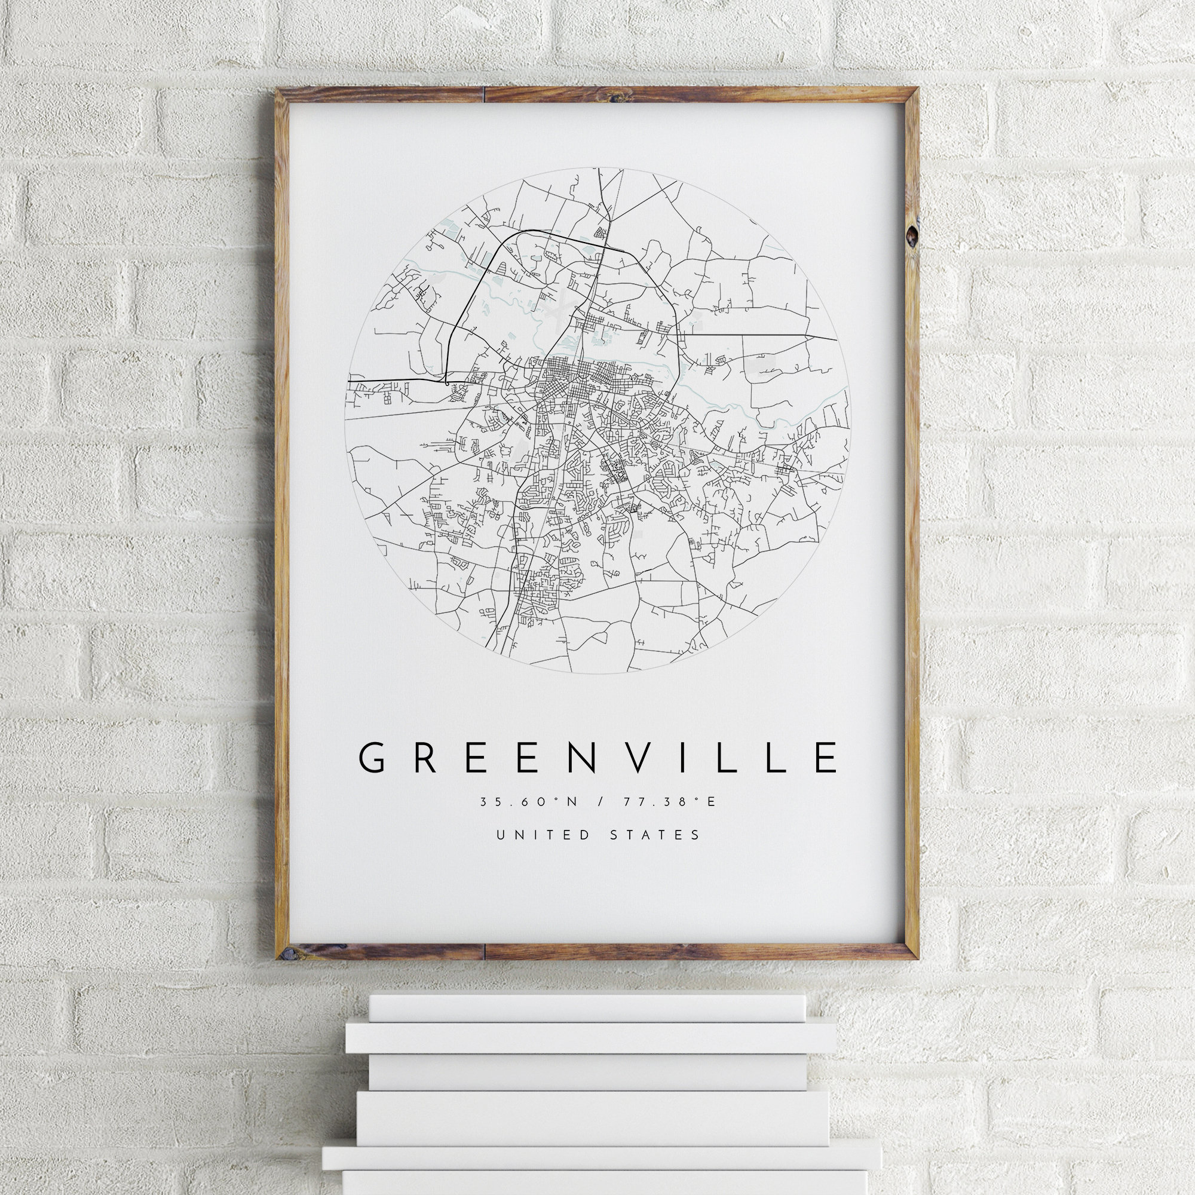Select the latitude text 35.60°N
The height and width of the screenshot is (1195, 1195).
pos(528,802)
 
